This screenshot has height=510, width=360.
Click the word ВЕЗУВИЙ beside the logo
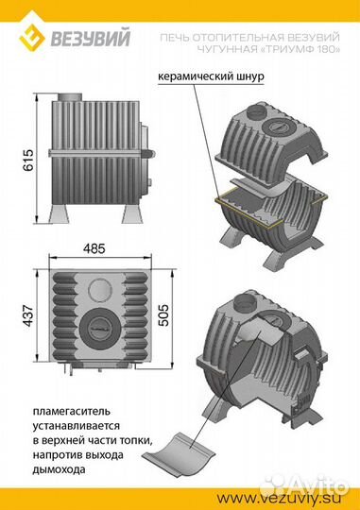click(x=90, y=37)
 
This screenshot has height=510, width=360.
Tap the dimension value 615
click(x=28, y=160)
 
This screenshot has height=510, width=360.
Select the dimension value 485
click(x=94, y=249)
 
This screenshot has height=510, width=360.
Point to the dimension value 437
click(x=28, y=315)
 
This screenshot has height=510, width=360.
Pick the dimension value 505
click(x=163, y=314)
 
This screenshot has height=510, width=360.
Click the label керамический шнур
click(x=211, y=77)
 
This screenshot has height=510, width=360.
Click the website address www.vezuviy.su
click(x=280, y=498)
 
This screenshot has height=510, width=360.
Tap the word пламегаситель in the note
click(x=71, y=412)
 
